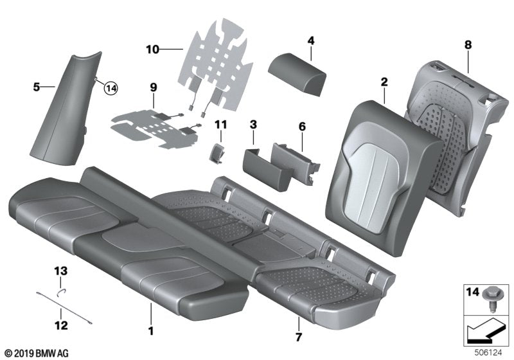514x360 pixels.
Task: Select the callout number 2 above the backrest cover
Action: pos(384,82)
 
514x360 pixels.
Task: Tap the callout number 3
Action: pos(253,123)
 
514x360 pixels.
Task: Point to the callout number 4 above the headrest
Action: pos(310,41)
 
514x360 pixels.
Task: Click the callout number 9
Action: pos(154,86)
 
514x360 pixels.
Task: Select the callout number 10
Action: pos(152,48)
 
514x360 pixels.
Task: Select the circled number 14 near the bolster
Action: pos(112,89)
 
